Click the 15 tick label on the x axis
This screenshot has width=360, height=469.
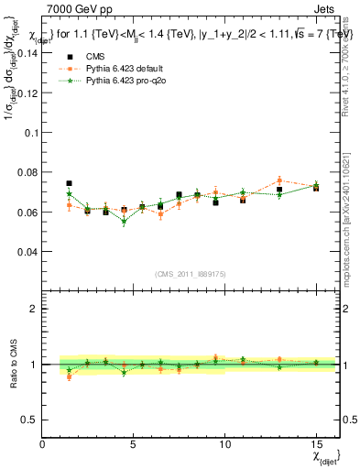316,444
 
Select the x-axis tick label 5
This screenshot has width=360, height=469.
134,444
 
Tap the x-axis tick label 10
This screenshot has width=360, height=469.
224,444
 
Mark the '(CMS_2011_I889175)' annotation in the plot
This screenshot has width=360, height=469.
191,274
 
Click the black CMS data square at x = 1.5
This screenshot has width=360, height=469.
70,183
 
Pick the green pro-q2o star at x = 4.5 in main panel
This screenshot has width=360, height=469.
124,222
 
